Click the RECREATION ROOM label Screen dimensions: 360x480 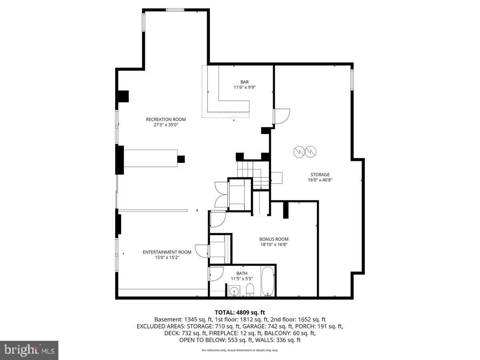tap(166, 119)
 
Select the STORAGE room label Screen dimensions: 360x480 tap(320, 174)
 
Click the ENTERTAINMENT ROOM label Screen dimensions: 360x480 tap(167, 252)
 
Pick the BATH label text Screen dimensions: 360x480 tap(242, 274)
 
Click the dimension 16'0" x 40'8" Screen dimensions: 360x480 tap(320, 180)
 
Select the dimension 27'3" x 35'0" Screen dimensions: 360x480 tap(166, 125)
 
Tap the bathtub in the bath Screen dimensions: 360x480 tap(268, 282)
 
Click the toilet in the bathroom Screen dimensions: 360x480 tap(250, 290)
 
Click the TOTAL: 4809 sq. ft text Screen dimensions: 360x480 tap(240, 312)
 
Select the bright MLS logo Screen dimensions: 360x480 tap(29, 350)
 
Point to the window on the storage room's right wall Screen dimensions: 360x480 tap(352, 80)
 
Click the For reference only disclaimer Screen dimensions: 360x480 tap(240, 350)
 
